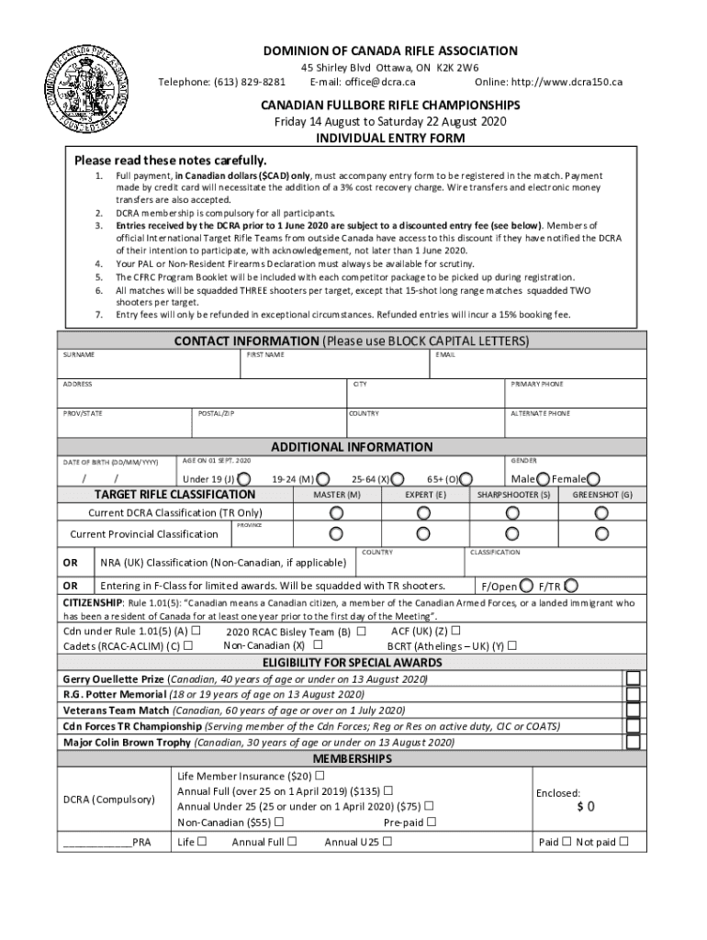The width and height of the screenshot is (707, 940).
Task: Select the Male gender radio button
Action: [544, 478]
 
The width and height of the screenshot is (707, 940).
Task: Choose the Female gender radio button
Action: [593, 478]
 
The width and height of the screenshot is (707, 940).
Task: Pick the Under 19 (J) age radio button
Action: [244, 478]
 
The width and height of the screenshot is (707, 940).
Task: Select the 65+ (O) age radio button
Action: [466, 478]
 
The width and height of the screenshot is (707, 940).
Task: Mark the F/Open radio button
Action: [526, 586]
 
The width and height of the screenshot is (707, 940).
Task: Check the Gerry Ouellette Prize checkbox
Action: [634, 678]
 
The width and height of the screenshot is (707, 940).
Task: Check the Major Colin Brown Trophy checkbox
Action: [634, 742]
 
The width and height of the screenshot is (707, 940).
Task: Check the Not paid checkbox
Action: [624, 842]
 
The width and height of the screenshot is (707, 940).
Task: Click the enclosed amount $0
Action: [585, 807]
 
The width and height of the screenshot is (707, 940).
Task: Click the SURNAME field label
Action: [78, 354]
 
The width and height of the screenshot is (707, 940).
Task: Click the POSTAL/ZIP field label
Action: [217, 414]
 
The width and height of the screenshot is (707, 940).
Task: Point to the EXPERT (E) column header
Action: [425, 495]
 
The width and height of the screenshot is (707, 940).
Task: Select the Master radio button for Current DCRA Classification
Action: [336, 512]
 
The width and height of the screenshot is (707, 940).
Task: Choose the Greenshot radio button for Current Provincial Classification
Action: [601, 533]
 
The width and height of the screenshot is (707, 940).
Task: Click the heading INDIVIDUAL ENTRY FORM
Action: [390, 138]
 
